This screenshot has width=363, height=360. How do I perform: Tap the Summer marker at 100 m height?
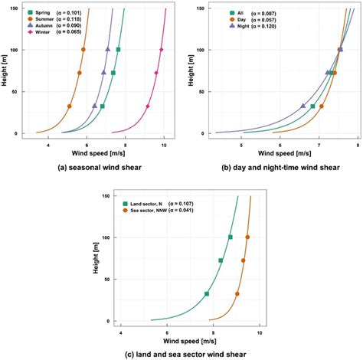click(x=83, y=50)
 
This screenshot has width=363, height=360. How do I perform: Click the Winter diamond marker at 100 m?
click(x=162, y=50)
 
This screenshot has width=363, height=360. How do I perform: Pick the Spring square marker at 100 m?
click(x=118, y=50)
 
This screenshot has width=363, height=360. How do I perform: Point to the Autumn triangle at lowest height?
click(x=95, y=106)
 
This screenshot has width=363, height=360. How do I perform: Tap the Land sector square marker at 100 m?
click(x=231, y=237)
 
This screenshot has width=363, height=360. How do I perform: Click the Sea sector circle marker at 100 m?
click(x=247, y=237)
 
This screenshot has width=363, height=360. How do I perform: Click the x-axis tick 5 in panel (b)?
click(x=243, y=144)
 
